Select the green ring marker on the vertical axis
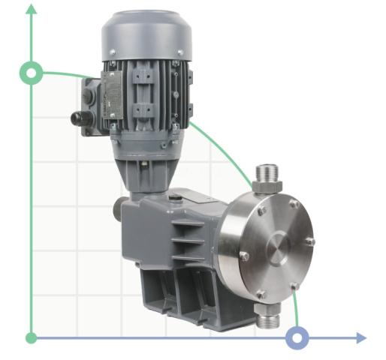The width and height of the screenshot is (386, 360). coord(31,73)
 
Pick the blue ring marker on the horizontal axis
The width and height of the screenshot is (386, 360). coord(298,338)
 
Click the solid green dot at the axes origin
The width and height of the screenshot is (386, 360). coord(31,338)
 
